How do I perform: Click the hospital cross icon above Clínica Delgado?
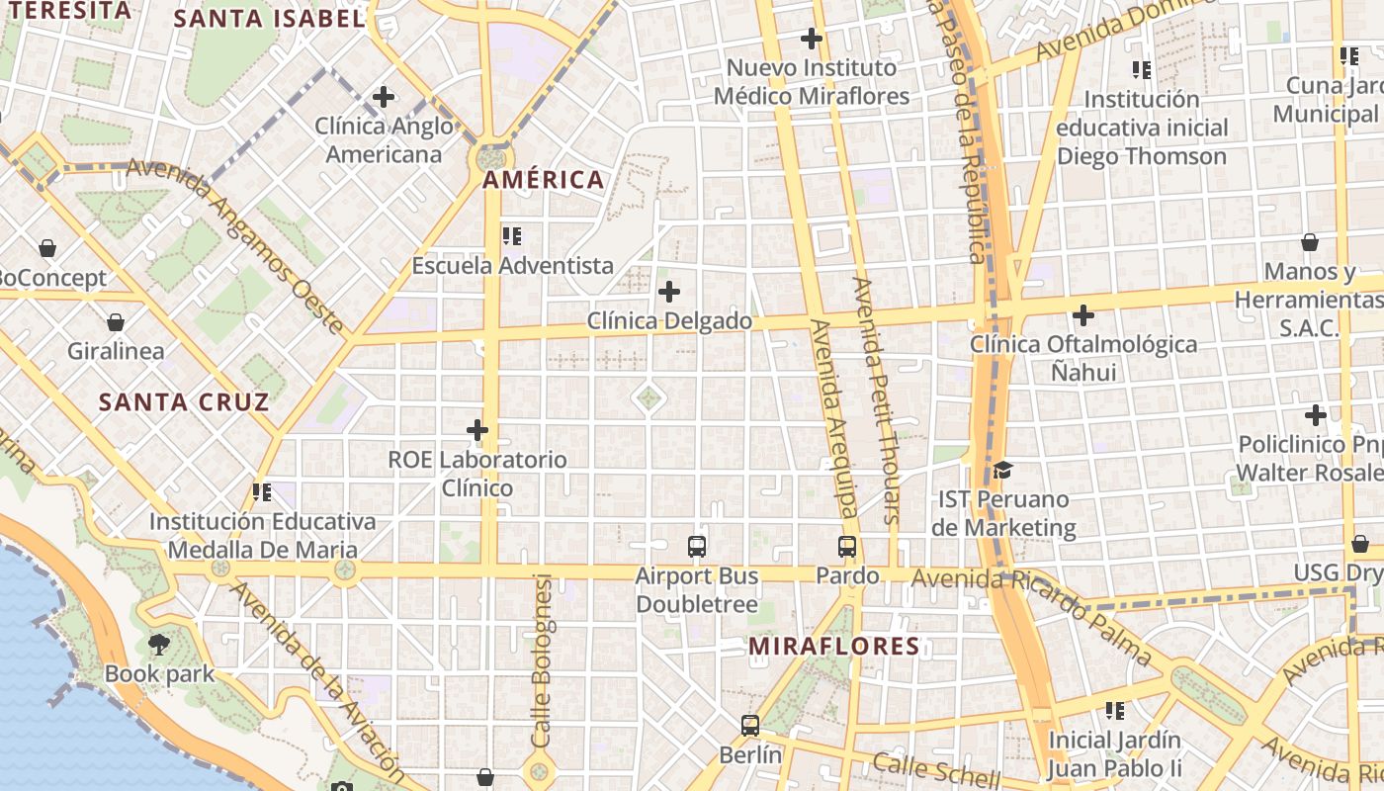click(669, 292)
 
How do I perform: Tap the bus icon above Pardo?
click(847, 547)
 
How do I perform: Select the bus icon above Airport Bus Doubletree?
click(697, 547)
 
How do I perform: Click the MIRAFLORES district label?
click(833, 647)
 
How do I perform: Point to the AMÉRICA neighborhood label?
click(543, 180)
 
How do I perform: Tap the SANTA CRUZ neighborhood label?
click(184, 402)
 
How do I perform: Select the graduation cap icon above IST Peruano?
click(1003, 470)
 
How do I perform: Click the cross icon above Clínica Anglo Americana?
click(384, 97)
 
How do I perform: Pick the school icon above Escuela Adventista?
click(512, 236)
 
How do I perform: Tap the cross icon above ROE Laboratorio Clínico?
click(477, 430)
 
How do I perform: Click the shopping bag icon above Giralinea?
click(116, 322)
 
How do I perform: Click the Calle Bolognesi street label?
click(542, 659)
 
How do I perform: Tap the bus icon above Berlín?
click(750, 726)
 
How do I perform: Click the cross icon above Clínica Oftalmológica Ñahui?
click(1083, 315)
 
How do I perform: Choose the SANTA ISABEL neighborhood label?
click(269, 19)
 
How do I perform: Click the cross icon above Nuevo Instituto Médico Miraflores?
click(812, 39)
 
